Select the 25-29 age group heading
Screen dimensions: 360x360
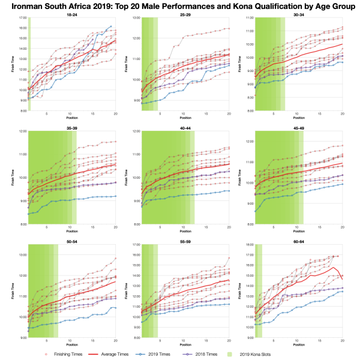185,14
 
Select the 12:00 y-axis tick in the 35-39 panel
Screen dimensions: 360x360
22,131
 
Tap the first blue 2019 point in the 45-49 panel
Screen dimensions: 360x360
256,211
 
